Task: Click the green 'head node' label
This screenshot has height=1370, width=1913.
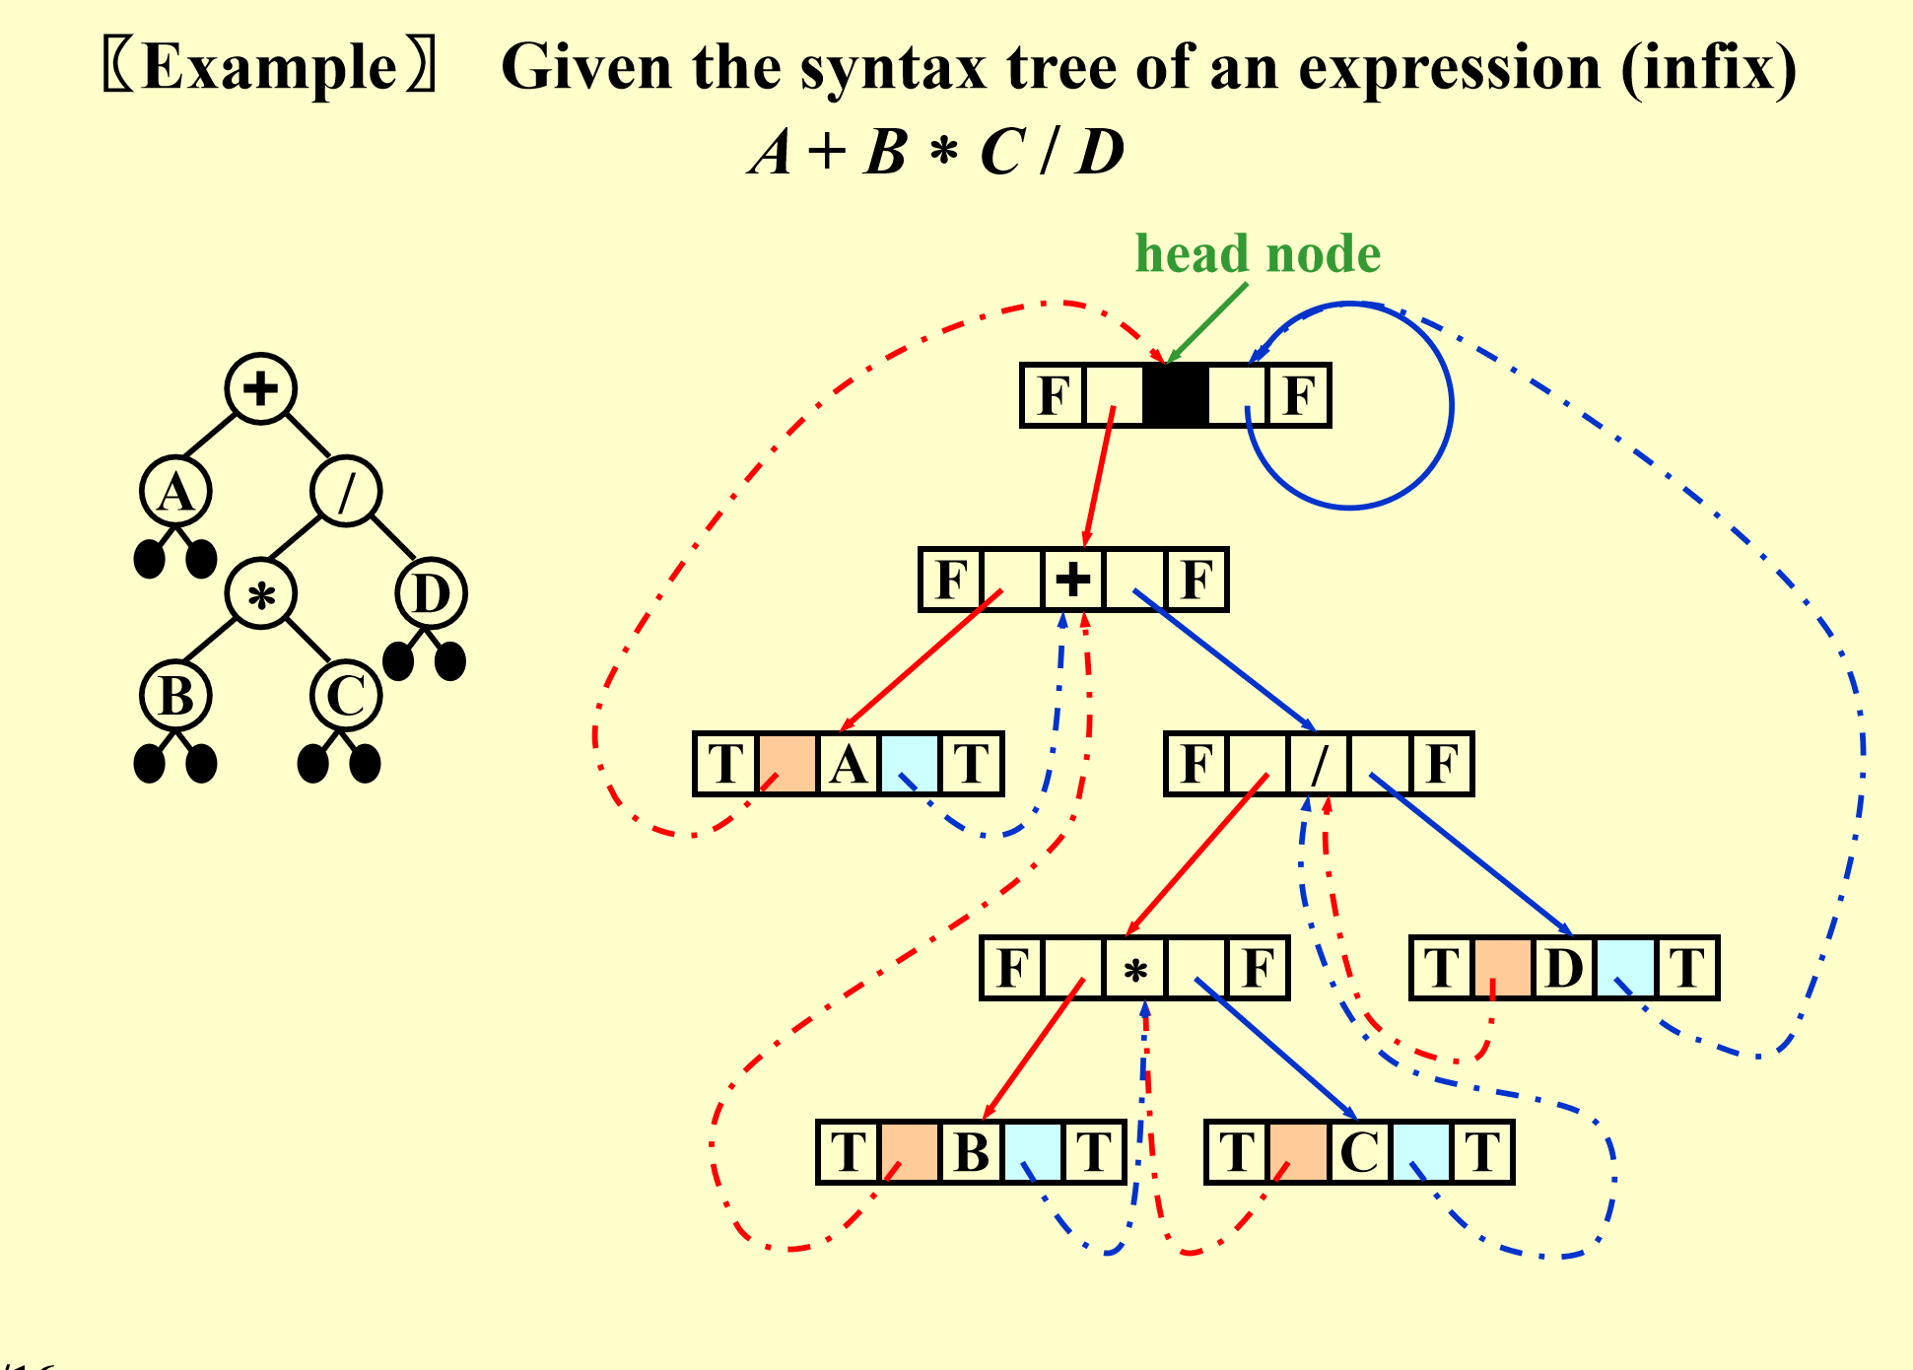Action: click(1258, 254)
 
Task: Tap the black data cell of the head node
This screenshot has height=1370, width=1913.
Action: click(1175, 395)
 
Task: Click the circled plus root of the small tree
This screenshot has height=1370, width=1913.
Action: click(260, 388)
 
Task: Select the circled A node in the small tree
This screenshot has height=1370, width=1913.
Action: click(175, 491)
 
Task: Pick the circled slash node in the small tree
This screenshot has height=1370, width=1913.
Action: click(346, 491)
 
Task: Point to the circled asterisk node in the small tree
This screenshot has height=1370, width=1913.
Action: click(260, 593)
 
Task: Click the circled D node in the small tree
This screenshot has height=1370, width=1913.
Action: click(431, 593)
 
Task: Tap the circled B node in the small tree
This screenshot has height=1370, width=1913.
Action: click(175, 696)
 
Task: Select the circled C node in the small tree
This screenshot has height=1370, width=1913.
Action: click(346, 696)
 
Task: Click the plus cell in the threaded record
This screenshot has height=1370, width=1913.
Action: click(1073, 580)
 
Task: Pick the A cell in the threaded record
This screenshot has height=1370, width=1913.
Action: click(849, 764)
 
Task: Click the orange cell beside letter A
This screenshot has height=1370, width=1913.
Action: click(787, 764)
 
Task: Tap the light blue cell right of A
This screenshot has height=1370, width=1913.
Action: click(910, 764)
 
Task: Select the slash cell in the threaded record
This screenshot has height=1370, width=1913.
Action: click(1319, 764)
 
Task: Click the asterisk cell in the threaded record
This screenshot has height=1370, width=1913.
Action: click(1134, 969)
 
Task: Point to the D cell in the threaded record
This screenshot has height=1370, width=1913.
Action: click(1564, 969)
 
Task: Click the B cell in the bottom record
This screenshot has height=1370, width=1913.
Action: click(971, 1152)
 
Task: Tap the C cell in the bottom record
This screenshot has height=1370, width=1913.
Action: click(1359, 1152)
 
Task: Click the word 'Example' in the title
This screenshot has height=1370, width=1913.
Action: click(269, 69)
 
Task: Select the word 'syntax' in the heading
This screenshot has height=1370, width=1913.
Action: click(893, 69)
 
